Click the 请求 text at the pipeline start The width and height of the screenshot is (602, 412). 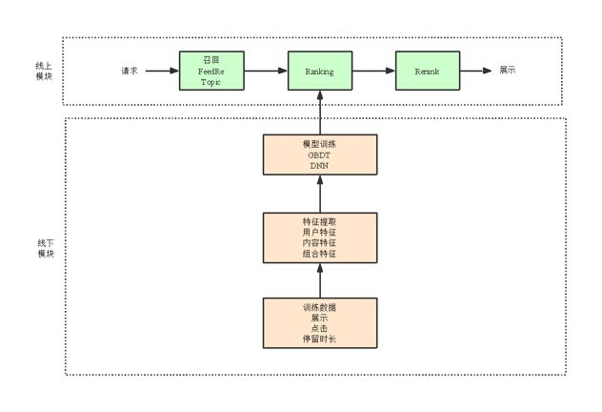(130, 72)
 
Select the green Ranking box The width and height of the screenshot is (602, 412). (319, 72)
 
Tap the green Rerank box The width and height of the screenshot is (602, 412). (428, 72)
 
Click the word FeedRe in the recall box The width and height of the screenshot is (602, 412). (211, 71)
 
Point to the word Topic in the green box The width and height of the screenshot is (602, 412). (211, 82)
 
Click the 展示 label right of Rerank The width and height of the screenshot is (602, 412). (509, 72)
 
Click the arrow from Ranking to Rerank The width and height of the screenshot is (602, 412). (373, 72)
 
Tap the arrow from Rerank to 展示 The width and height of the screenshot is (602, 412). (476, 72)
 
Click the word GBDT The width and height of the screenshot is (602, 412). (319, 154)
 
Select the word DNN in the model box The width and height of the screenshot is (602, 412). (319, 166)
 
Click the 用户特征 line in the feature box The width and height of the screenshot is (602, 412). (319, 233)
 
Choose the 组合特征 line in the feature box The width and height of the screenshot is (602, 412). (319, 255)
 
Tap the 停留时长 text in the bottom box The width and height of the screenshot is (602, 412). (319, 339)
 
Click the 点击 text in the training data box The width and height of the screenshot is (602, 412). (319, 328)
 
